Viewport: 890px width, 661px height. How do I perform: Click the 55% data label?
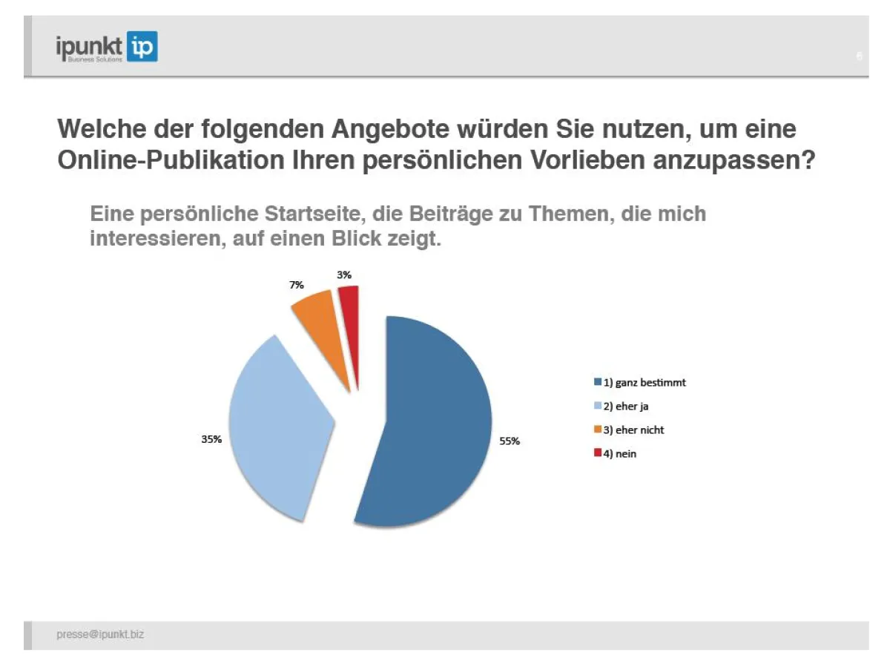[x=509, y=441]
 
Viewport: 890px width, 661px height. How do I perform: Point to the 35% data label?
[x=211, y=439]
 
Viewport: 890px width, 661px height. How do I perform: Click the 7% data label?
[x=297, y=285]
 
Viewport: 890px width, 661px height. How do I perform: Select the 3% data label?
[x=345, y=274]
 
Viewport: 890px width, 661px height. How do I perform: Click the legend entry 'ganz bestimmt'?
[x=645, y=383]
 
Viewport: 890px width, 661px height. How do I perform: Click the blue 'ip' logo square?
[x=142, y=47]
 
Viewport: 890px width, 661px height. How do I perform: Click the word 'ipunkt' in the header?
[x=89, y=46]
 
